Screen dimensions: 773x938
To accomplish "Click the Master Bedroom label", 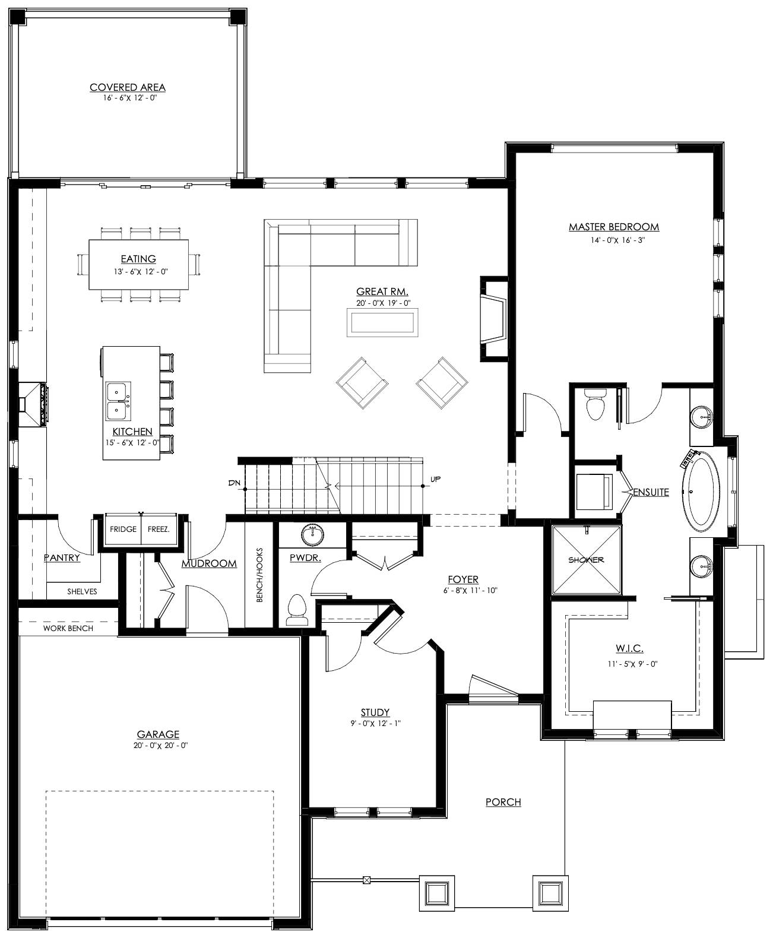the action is pyautogui.click(x=614, y=227).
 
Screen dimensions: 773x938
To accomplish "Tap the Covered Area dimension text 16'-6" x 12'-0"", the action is pyautogui.click(x=130, y=98).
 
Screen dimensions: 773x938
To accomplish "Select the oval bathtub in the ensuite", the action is pyautogui.click(x=701, y=492).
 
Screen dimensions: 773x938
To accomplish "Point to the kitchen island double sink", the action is pyautogui.click(x=118, y=401).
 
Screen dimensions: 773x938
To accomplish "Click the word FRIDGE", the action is pyautogui.click(x=123, y=529).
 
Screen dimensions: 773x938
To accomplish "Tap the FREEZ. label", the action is pyautogui.click(x=159, y=529).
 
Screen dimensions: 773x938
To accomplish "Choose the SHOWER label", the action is pyautogui.click(x=586, y=560).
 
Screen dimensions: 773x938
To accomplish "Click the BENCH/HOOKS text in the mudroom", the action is pyautogui.click(x=259, y=575).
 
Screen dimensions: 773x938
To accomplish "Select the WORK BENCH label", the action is pyautogui.click(x=68, y=628).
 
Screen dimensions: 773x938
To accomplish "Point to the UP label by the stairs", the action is pyautogui.click(x=436, y=479).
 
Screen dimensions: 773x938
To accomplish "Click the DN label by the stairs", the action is pyautogui.click(x=234, y=483).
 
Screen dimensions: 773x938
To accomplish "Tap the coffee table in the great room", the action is pyautogui.click(x=382, y=322).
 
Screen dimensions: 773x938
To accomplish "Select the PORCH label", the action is pyautogui.click(x=503, y=802).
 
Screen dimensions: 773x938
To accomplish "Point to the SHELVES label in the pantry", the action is pyautogui.click(x=83, y=591).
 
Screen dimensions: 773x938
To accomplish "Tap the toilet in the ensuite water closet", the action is pyautogui.click(x=595, y=405).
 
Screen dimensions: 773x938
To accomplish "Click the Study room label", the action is pyautogui.click(x=375, y=712).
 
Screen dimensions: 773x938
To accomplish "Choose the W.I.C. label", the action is pyautogui.click(x=629, y=648).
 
